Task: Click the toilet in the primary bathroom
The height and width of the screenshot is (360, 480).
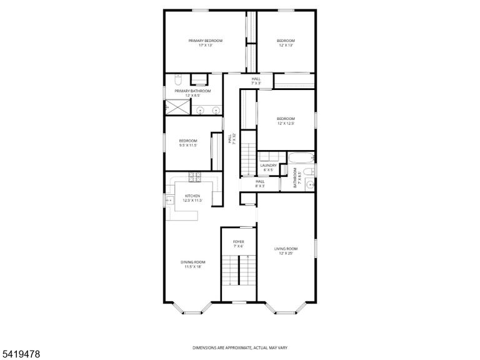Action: click(178, 80)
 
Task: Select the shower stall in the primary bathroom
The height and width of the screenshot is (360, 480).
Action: click(178, 107)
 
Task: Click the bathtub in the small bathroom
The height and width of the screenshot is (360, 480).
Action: click(301, 158)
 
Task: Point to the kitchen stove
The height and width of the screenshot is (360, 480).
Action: click(195, 177)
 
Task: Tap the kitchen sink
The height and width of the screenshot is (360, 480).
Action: click(169, 200)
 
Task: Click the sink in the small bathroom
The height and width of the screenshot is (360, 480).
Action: click(311, 184)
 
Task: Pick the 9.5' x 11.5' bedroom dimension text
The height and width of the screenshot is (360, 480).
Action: click(188, 146)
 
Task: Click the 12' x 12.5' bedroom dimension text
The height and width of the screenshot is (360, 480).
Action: click(286, 123)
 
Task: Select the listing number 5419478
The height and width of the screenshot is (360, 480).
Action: click(20, 354)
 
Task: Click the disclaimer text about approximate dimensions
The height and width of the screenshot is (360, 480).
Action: click(240, 347)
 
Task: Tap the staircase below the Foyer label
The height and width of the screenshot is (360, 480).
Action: click(239, 270)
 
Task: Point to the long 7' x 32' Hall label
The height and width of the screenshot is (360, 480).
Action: click(232, 138)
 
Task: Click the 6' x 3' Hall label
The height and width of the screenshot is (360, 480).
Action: click(260, 184)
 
